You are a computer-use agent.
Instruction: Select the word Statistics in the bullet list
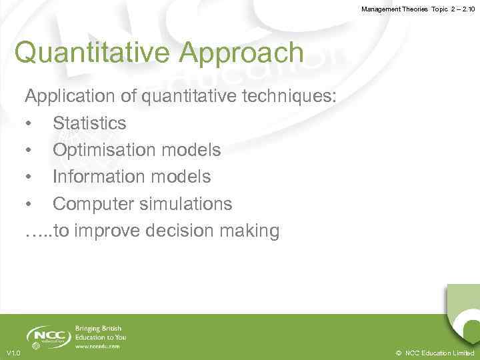89,123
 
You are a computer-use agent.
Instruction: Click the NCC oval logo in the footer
49,336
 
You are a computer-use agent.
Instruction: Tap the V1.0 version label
13,353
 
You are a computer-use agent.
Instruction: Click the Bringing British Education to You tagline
100,333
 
